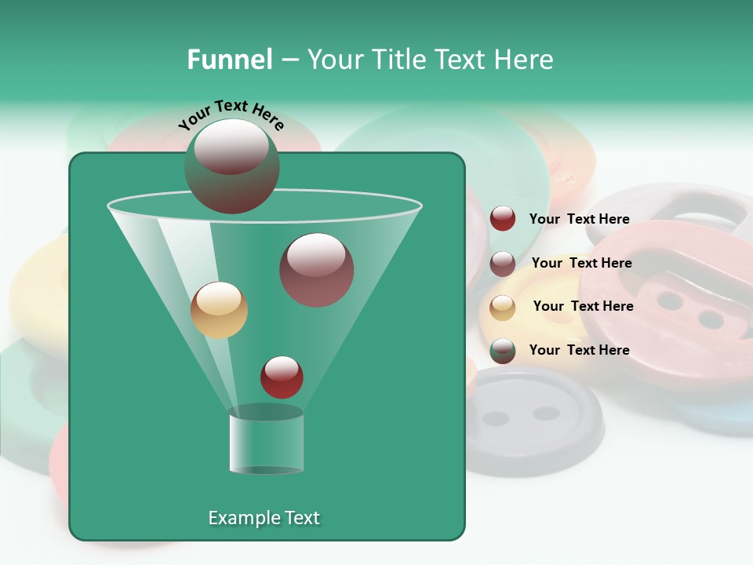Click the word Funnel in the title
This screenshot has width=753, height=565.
(230, 60)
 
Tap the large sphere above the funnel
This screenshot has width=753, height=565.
(231, 166)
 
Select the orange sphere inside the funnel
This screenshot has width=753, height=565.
(219, 310)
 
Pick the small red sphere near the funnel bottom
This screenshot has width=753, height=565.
(282, 377)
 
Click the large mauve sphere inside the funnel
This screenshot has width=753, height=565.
(316, 270)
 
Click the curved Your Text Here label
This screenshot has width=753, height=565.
(231, 115)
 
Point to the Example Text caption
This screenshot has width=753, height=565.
(264, 518)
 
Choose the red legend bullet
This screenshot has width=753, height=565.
(503, 219)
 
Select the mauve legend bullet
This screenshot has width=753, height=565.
(503, 263)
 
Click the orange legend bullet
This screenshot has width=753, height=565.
(503, 307)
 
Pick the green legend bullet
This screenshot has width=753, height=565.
(503, 351)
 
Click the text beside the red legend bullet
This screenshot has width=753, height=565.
(579, 219)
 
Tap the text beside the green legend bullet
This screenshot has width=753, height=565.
(579, 350)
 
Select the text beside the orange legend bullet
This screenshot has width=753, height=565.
(583, 306)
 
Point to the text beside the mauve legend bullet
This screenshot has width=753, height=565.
(581, 263)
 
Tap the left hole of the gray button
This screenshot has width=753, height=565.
(496, 418)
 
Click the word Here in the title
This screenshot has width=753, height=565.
(524, 60)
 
